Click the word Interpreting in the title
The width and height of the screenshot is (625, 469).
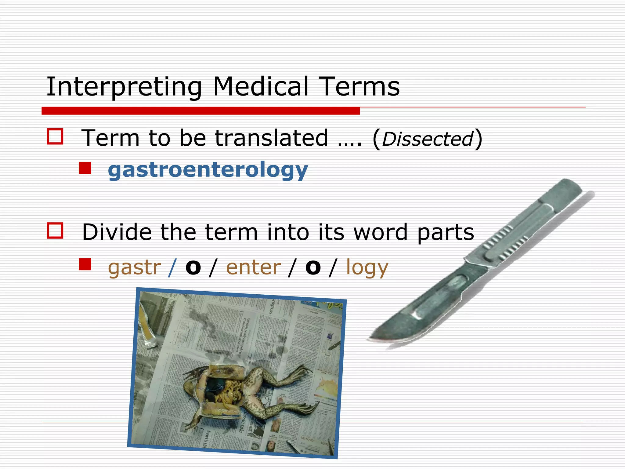tap(124, 87)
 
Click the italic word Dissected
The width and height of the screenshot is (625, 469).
tap(427, 139)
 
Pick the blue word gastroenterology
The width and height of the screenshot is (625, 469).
tap(208, 170)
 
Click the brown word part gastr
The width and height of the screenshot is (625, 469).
tap(134, 267)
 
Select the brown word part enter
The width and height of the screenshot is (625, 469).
tap(253, 267)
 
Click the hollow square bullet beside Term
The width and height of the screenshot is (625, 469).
tap(55, 136)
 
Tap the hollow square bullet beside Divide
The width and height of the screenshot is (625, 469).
tap(55, 231)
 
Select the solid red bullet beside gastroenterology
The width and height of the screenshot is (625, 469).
tap(85, 168)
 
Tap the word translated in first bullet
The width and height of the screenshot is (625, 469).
tap(272, 138)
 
